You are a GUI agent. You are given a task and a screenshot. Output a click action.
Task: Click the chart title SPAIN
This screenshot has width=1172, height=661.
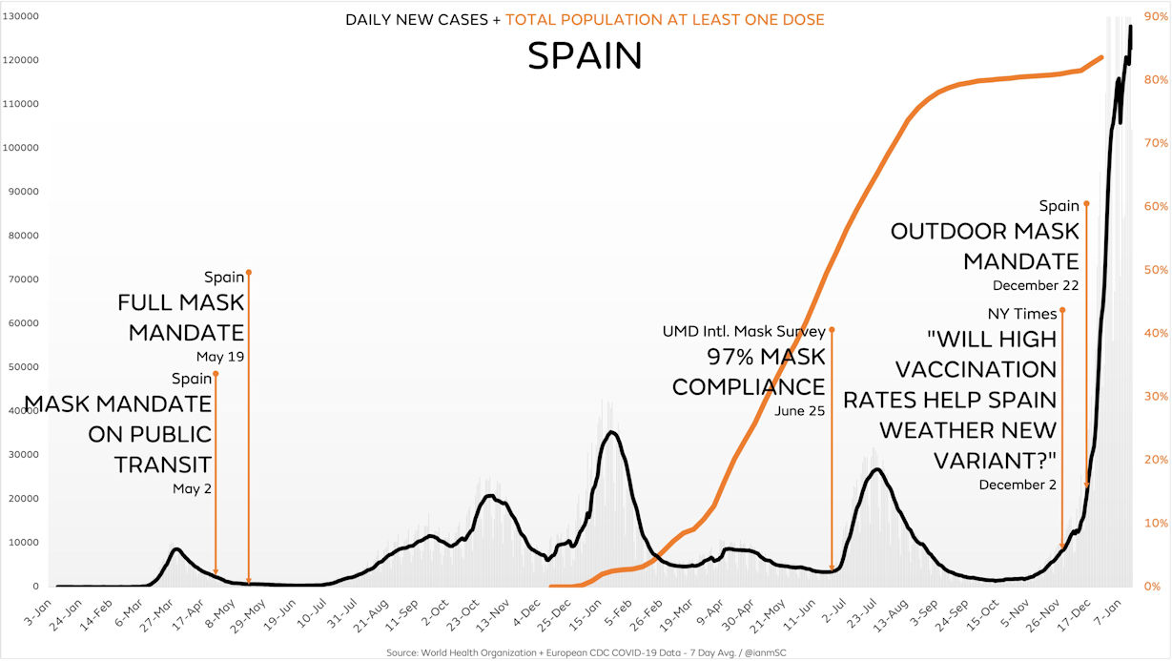tap(585, 56)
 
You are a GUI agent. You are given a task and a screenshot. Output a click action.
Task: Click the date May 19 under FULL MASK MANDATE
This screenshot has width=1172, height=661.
tap(220, 357)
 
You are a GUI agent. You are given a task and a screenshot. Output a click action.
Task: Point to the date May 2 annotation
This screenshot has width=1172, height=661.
tap(192, 488)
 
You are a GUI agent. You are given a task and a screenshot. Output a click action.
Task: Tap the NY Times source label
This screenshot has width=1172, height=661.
tap(1022, 314)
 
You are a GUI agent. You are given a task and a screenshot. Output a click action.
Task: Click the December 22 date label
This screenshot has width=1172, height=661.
tap(1036, 285)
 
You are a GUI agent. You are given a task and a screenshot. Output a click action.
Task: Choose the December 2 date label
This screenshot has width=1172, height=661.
tap(1018, 485)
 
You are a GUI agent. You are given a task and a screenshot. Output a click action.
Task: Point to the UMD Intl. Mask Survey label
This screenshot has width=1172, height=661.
tap(744, 332)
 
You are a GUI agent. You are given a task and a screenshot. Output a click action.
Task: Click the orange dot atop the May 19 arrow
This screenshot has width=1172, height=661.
tap(249, 272)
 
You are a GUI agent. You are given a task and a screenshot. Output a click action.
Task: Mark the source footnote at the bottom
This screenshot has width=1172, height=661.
tap(586, 652)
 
